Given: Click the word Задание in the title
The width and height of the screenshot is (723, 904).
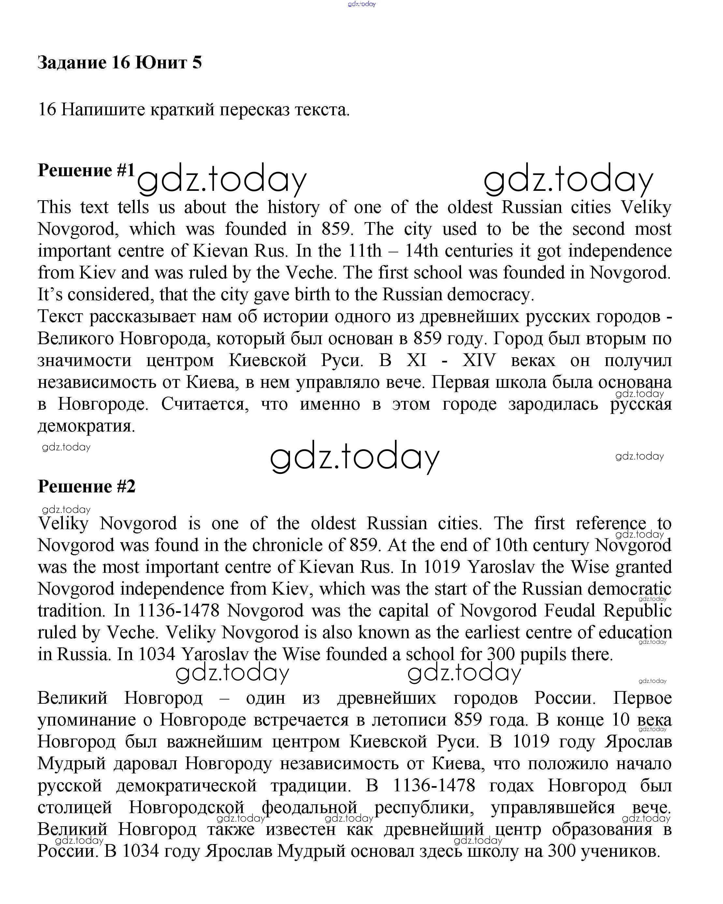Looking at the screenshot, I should (72, 63).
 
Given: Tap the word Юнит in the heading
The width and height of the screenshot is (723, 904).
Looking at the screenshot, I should (161, 63).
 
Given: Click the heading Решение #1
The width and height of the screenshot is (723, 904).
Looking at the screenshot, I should (86, 170).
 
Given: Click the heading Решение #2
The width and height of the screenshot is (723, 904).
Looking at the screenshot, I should (86, 487).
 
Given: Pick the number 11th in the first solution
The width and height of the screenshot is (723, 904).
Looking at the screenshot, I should (365, 251).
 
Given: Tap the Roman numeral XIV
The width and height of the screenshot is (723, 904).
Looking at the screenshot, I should (479, 360).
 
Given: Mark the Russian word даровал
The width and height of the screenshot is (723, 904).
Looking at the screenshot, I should (145, 764).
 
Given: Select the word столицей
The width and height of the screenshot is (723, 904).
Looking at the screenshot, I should (75, 807).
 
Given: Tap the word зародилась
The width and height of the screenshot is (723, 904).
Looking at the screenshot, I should (553, 404).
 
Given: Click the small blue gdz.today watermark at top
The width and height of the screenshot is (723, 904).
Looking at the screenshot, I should (362, 4).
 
